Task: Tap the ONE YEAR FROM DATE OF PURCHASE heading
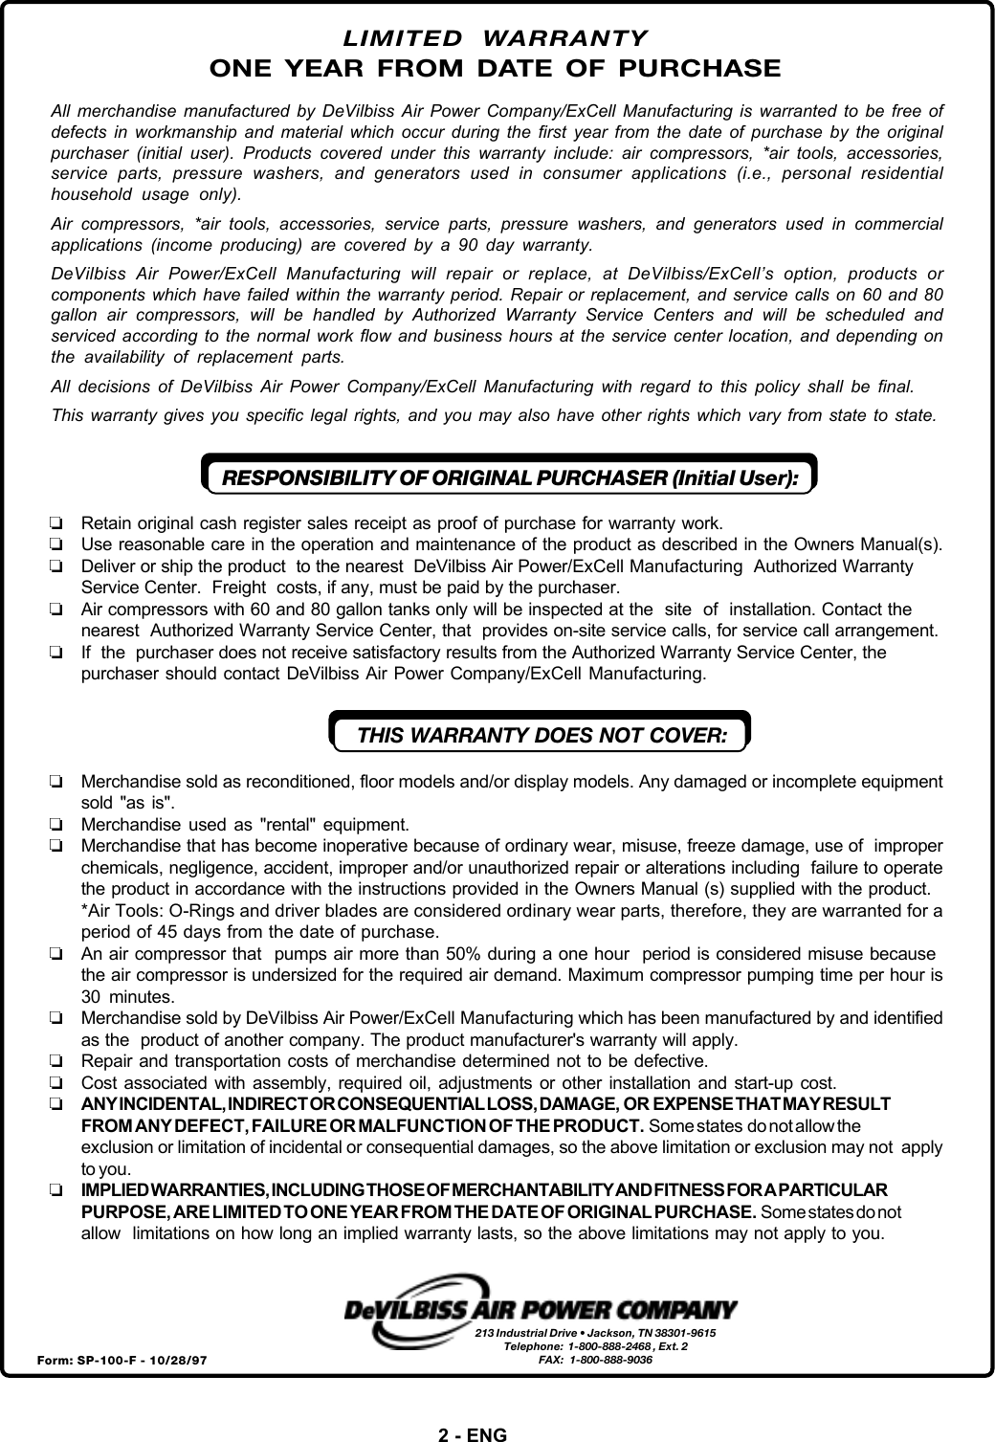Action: (495, 69)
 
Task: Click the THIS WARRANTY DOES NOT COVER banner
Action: (541, 735)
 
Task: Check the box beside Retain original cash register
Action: (56, 523)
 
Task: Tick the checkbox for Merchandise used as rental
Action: (56, 824)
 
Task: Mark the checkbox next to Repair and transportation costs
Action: (56, 1061)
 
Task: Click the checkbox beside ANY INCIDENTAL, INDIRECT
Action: (56, 1104)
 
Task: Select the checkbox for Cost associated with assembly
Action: (56, 1083)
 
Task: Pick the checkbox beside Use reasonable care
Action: (56, 545)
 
